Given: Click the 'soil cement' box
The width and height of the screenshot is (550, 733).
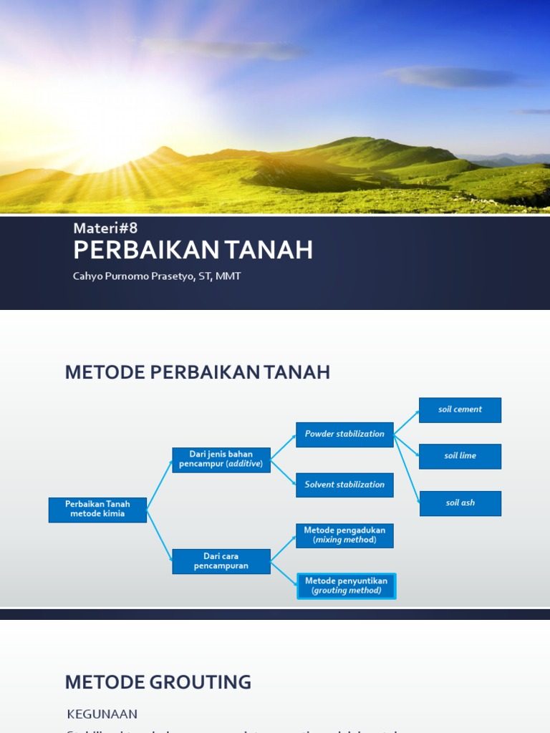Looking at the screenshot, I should click(x=460, y=410).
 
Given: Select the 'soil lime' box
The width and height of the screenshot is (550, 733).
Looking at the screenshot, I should click(x=460, y=456).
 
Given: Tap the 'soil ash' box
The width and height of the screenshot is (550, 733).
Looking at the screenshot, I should click(x=460, y=503).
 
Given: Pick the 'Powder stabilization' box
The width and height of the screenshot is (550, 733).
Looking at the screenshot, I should click(x=344, y=434).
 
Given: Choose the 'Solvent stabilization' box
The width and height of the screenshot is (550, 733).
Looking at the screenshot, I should click(x=344, y=485).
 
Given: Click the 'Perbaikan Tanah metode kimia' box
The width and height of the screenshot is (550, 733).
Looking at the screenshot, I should click(x=97, y=510).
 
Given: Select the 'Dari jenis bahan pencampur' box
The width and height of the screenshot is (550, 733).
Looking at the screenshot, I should click(x=221, y=460).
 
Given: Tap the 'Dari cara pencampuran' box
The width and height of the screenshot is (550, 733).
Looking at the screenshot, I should click(x=221, y=561).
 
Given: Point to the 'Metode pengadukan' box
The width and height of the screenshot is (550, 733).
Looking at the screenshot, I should click(x=344, y=535).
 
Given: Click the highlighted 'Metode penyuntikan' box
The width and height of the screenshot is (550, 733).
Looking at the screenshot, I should click(x=346, y=586).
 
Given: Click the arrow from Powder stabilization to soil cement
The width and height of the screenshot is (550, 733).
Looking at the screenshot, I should click(x=406, y=422).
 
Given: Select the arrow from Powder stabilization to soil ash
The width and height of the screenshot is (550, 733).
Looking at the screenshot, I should click(x=407, y=468).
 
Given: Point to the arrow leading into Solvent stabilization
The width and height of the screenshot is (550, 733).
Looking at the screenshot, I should click(x=284, y=472).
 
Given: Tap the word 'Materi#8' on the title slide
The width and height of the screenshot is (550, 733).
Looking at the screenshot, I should click(x=105, y=228).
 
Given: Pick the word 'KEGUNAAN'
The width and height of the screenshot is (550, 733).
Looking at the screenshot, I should click(x=102, y=714).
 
